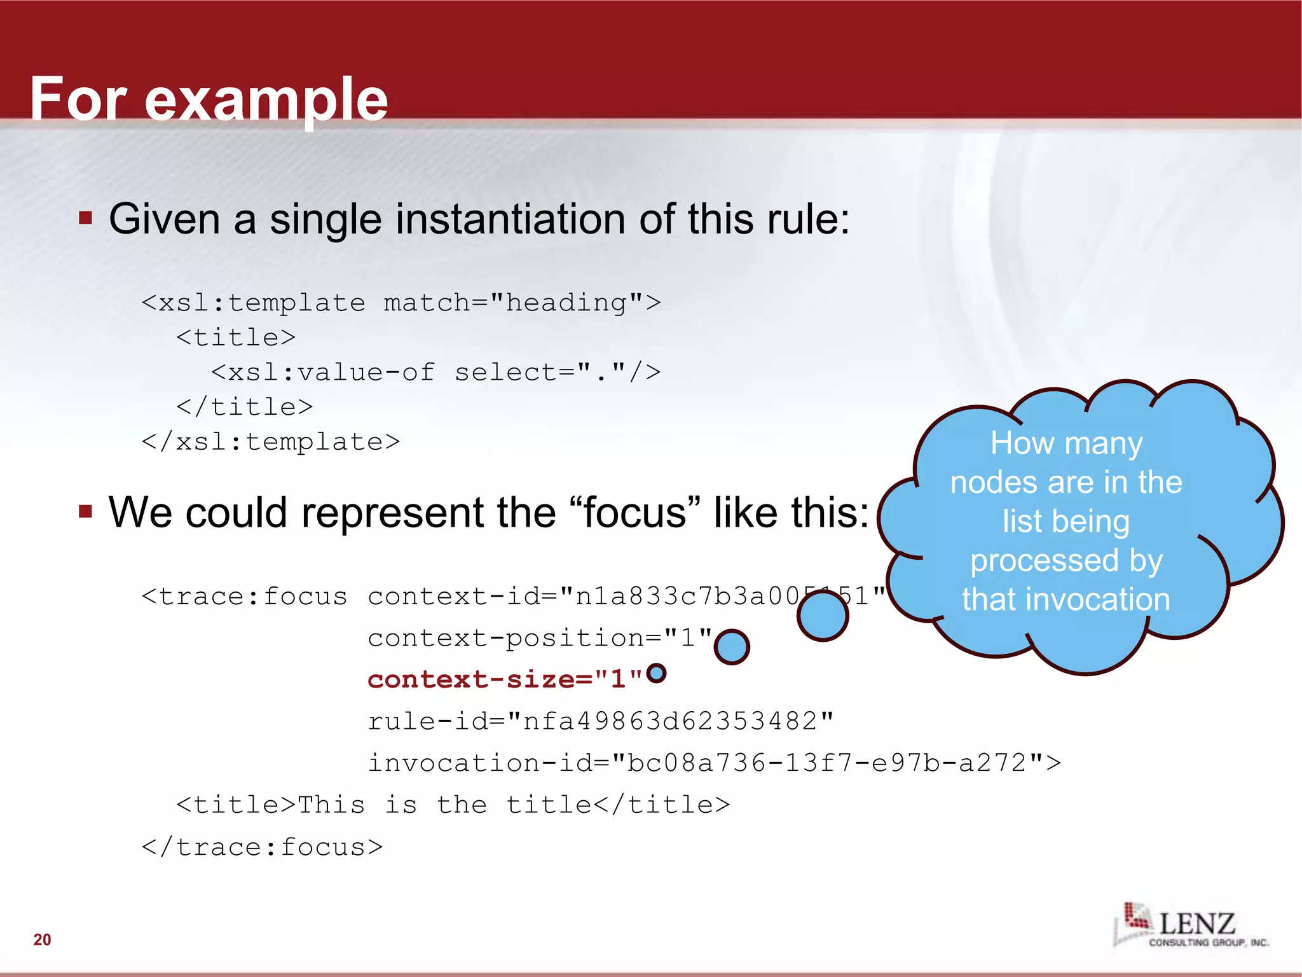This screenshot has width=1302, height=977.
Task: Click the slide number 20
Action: tap(42, 939)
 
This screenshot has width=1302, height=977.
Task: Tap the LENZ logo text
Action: tap(1197, 924)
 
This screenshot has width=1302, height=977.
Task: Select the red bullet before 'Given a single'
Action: tap(86, 219)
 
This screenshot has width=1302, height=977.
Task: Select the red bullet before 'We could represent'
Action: tap(86, 511)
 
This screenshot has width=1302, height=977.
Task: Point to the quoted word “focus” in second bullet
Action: tap(634, 513)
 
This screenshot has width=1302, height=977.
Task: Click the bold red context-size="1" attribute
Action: tap(505, 679)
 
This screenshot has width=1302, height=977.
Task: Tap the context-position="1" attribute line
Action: tap(539, 638)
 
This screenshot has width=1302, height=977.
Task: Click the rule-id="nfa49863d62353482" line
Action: tap(600, 721)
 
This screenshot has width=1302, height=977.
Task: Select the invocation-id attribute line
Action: tap(713, 763)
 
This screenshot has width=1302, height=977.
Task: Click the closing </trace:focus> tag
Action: tap(262, 847)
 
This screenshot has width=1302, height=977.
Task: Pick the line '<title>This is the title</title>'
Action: tap(453, 805)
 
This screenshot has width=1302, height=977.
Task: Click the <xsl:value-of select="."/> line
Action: tap(435, 372)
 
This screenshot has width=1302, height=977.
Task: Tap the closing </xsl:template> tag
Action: tap(271, 441)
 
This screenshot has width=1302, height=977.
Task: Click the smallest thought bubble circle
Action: tap(656, 673)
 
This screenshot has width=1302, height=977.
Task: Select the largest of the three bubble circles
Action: tap(823, 616)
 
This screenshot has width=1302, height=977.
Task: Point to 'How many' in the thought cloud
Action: tap(1066, 443)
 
